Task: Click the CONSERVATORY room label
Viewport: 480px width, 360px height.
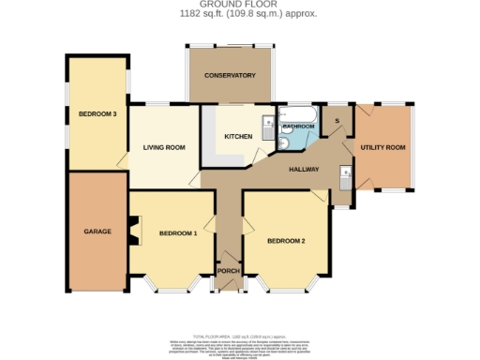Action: click(x=231, y=75)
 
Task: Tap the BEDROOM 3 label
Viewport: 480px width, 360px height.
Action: click(x=97, y=114)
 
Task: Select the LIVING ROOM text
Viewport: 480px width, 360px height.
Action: click(x=164, y=147)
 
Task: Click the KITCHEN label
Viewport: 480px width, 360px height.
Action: click(x=237, y=137)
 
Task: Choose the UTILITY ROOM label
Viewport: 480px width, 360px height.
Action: click(x=382, y=147)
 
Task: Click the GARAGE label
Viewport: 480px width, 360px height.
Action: click(x=97, y=231)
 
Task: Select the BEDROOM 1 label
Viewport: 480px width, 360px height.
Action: click(x=177, y=232)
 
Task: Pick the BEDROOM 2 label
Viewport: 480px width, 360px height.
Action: click(x=286, y=241)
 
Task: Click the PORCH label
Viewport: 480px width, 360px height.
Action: click(x=228, y=271)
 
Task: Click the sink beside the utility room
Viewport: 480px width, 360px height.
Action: click(x=346, y=175)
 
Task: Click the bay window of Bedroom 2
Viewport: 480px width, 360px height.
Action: click(x=288, y=285)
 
